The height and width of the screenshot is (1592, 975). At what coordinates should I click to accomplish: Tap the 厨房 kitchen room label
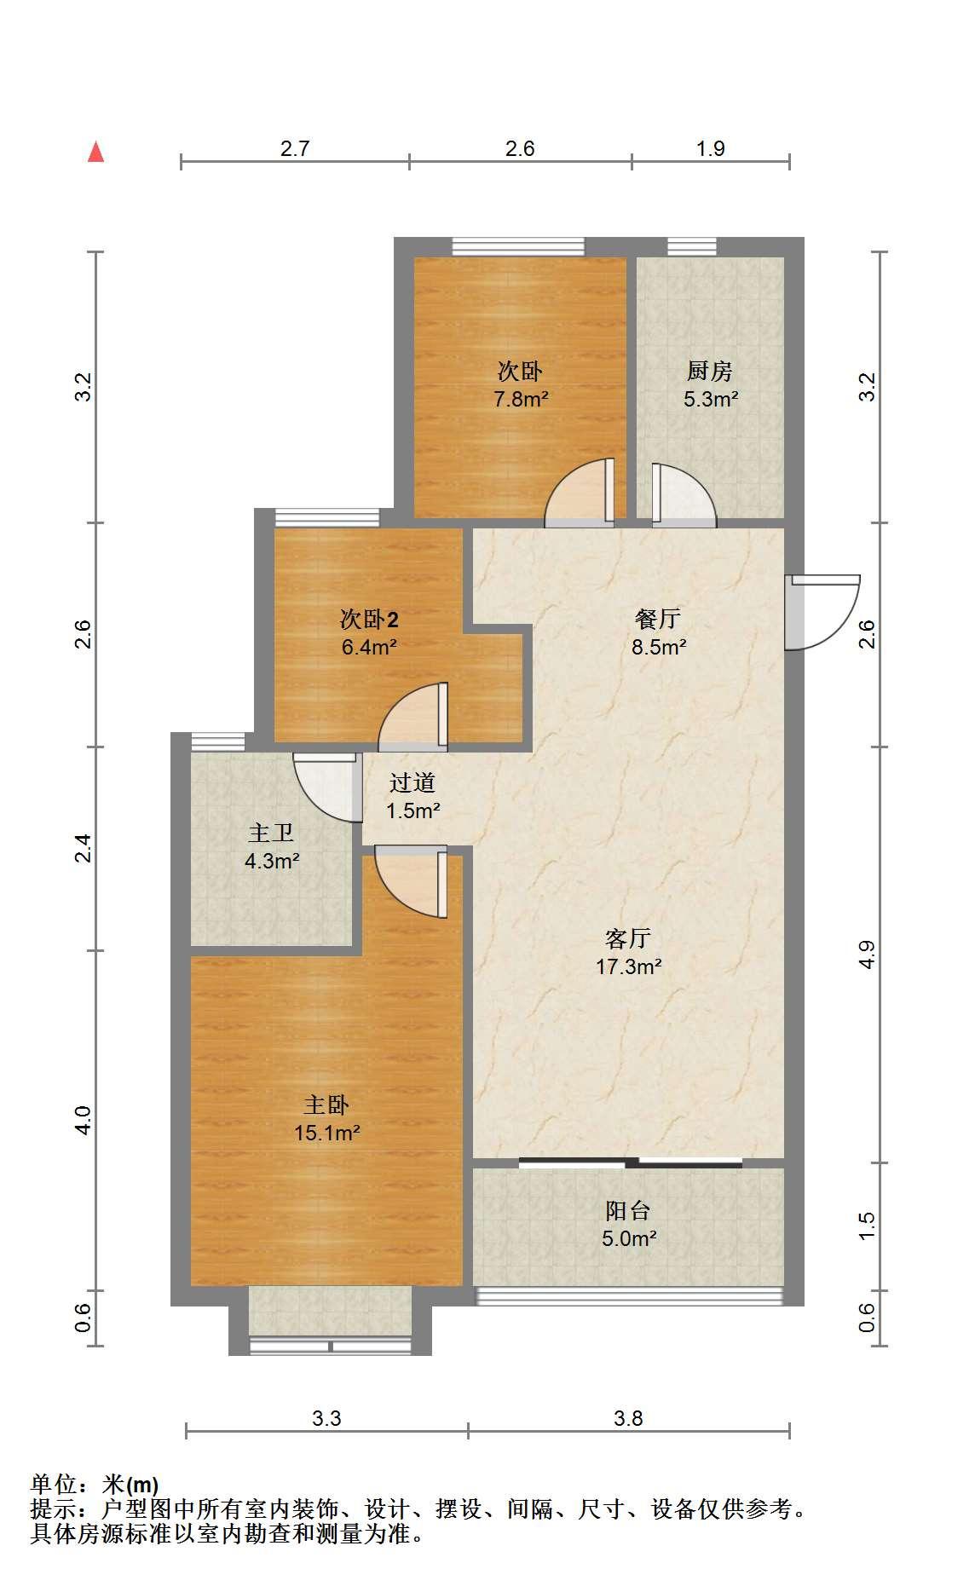710,372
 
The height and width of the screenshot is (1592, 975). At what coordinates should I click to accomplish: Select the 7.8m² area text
521,399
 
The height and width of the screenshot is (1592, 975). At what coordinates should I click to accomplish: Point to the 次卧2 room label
370,620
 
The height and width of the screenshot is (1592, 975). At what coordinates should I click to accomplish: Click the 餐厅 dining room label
658,620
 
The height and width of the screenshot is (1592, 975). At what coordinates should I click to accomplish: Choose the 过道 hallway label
412,783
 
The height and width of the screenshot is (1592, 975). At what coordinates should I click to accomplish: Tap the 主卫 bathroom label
271,833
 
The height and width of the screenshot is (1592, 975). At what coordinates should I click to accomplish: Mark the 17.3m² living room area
629,967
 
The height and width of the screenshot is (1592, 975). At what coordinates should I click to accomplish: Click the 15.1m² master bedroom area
326,1133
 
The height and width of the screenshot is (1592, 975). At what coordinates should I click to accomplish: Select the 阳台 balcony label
628,1211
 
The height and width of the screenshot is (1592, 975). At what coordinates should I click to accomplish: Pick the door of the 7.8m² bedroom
580,493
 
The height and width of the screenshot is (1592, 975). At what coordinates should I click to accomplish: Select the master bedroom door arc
410,882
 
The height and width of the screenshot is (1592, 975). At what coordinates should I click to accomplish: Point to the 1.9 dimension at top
710,149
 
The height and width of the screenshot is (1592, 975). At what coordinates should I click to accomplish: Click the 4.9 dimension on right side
867,955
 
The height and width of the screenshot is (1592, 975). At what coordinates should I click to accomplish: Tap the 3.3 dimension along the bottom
326,1418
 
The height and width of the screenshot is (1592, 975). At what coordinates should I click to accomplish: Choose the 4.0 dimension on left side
83,1120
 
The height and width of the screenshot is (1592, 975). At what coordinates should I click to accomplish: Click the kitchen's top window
691,247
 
